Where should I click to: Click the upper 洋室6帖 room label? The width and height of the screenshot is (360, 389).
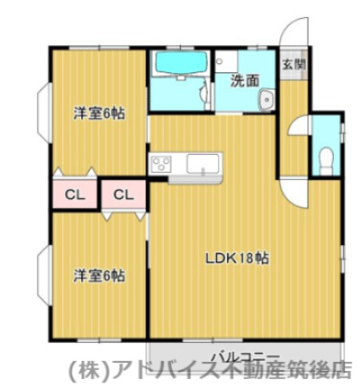[99, 114]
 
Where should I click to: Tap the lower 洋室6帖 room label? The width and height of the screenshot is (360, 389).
[99, 274]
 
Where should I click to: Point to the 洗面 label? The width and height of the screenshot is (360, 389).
[243, 81]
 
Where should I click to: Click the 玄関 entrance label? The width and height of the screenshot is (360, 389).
[292, 64]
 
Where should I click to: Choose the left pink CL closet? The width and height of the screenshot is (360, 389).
[73, 194]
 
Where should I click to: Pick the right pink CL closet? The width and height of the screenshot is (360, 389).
[124, 194]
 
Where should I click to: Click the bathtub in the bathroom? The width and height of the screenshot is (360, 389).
[180, 64]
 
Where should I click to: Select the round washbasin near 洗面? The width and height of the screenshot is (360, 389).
[265, 100]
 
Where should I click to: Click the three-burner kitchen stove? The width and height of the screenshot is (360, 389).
[161, 165]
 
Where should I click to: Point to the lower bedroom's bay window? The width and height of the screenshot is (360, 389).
[42, 273]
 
